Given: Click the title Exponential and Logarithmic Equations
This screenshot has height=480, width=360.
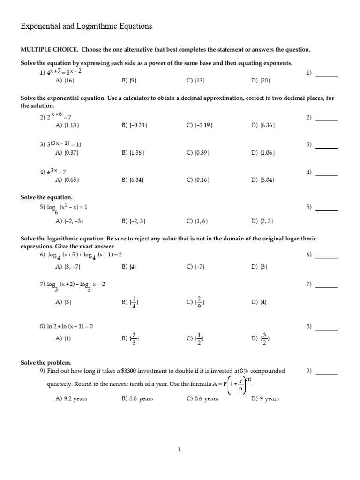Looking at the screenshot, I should tap(86, 27).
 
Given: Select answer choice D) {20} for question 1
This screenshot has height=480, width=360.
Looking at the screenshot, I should tap(261, 81).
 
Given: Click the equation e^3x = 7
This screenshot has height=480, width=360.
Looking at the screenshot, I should tap(56, 172).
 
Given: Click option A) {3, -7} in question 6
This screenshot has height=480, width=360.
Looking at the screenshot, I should tap(68, 267).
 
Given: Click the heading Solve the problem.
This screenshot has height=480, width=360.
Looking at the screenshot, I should tap(46, 363).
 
